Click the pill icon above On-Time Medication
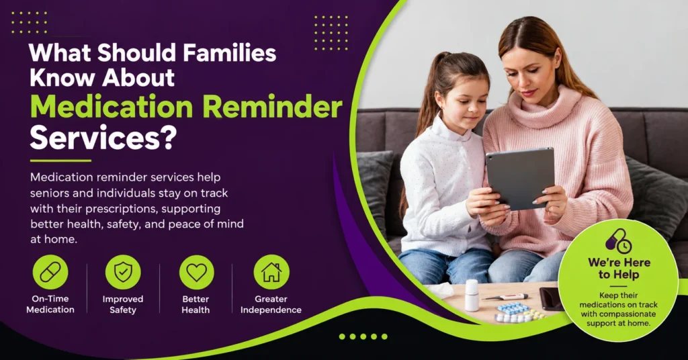tap(50, 272)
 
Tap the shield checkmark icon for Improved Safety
tap(123, 272)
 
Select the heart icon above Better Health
tap(197, 272)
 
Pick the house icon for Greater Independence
tap(271, 272)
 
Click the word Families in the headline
tap(230, 53)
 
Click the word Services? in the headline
tap(103, 138)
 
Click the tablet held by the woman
tap(520, 177)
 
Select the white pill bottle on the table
tap(472, 295)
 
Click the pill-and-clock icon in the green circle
tap(619, 241)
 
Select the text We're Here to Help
tap(619, 269)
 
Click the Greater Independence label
tap(271, 304)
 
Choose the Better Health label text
tap(196, 304)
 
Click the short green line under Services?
tap(60, 161)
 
